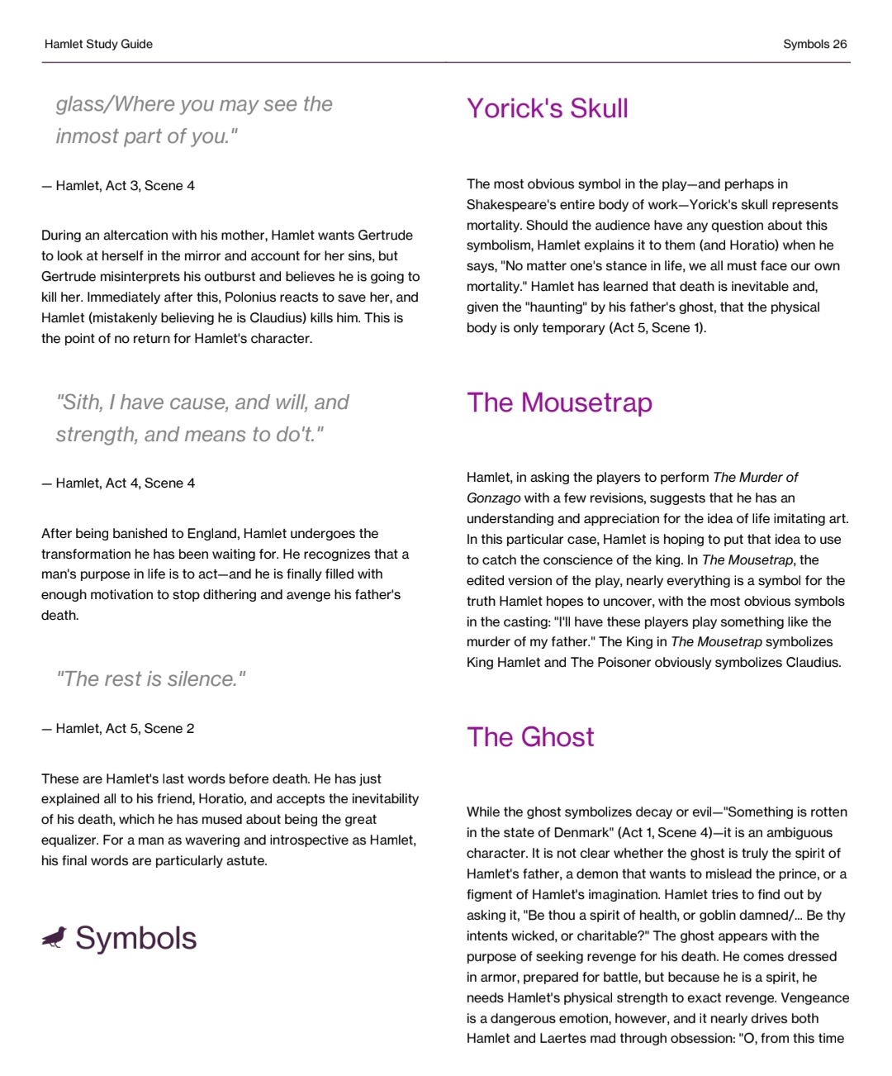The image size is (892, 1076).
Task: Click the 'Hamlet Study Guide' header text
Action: pos(98,45)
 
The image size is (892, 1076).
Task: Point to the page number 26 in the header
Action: pos(839,45)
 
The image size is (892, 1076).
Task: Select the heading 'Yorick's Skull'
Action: pos(547,108)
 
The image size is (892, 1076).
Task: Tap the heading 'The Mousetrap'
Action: pos(559,402)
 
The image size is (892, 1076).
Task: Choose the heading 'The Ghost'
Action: pos(529,737)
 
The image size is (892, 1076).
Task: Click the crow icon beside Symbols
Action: pos(55,937)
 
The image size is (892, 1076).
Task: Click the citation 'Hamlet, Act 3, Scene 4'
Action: pos(125,186)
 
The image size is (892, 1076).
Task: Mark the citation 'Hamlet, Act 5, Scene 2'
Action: pos(125,729)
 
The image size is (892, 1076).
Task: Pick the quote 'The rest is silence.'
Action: pos(150,679)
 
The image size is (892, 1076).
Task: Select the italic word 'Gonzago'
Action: pos(493,498)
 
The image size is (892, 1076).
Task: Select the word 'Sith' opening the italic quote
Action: pos(78,402)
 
